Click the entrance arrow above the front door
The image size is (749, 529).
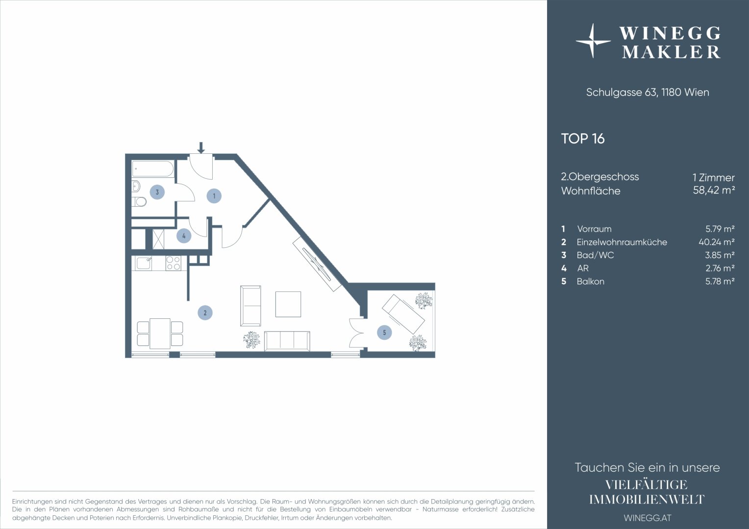(x=200, y=147)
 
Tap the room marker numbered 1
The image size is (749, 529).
(x=214, y=196)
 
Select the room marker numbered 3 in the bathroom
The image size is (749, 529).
(x=157, y=192)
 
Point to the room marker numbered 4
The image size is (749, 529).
(x=183, y=236)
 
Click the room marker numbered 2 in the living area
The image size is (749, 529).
(x=205, y=313)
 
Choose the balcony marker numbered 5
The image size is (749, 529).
(x=384, y=333)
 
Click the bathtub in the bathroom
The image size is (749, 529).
(x=153, y=169)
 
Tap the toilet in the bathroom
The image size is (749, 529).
(x=139, y=202)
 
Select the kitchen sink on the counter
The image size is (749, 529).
(x=144, y=264)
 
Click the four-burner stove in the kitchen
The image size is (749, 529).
(x=173, y=264)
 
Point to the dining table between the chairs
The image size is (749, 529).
(x=160, y=334)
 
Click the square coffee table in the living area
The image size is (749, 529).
(x=288, y=304)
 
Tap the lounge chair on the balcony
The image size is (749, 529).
(x=403, y=314)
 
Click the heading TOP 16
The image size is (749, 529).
(x=583, y=139)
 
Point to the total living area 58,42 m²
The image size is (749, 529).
(x=714, y=190)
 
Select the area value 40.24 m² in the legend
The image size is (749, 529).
(x=717, y=242)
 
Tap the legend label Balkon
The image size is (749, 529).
(x=591, y=281)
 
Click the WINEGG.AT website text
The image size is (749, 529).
(x=648, y=518)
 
